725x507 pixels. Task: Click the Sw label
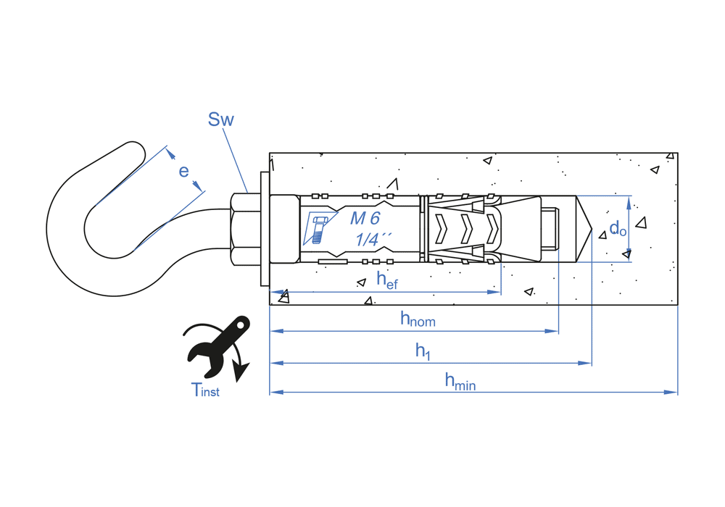click(x=220, y=120)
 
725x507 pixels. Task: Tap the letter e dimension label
click(x=184, y=171)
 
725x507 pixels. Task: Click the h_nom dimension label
click(x=418, y=318)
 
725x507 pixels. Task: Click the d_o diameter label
click(x=618, y=229)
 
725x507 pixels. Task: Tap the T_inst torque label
click(x=205, y=390)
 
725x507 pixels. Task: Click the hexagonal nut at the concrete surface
click(x=245, y=228)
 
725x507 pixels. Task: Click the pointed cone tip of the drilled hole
click(x=589, y=228)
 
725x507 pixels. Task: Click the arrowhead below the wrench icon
click(x=241, y=372)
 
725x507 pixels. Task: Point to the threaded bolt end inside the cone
click(x=551, y=228)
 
